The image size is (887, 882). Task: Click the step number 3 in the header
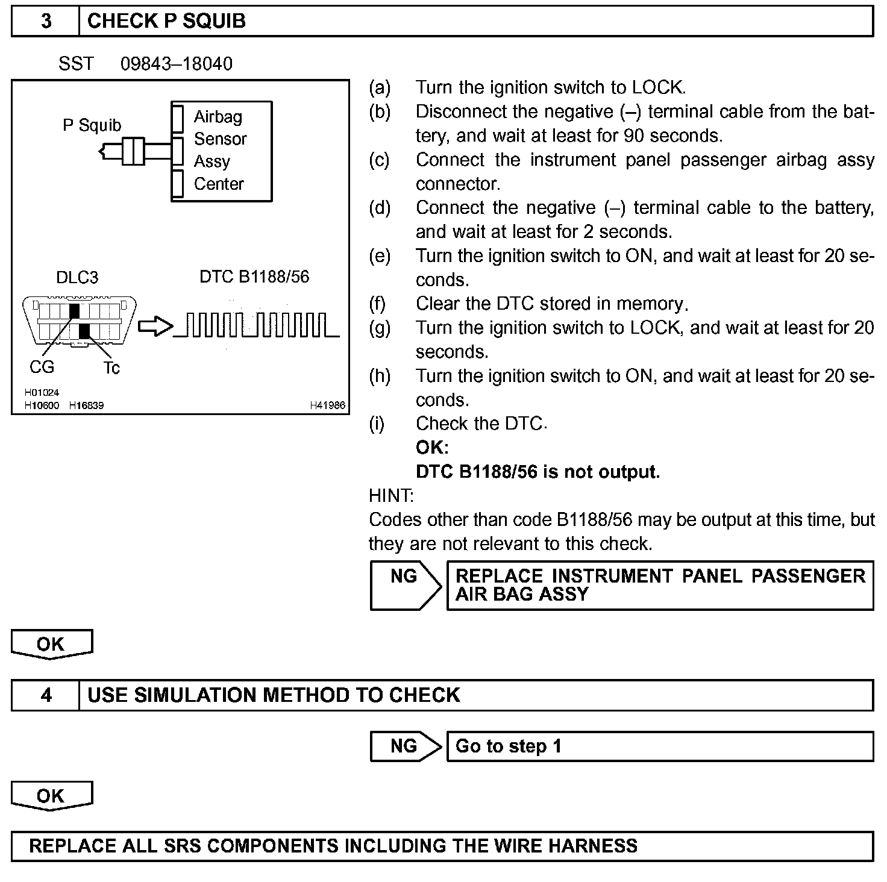click(x=46, y=22)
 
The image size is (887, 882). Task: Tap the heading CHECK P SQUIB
click(x=166, y=22)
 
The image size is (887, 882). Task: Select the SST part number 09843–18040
click(x=176, y=64)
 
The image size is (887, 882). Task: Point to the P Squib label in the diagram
click(x=92, y=125)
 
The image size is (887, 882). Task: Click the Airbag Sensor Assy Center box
click(x=222, y=151)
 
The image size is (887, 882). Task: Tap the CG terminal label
click(x=42, y=367)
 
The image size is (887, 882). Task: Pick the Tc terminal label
click(x=111, y=367)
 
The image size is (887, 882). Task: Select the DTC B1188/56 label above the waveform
click(x=254, y=277)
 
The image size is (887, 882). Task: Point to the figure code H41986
click(x=328, y=405)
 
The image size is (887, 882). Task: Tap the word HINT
click(x=391, y=496)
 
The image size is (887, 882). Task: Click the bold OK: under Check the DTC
click(x=432, y=448)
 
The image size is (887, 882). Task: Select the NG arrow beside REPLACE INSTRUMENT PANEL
click(x=405, y=584)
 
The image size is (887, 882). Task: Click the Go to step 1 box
click(x=659, y=746)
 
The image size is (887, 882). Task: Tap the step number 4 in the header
click(x=46, y=695)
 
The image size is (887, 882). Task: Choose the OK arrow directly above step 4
click(x=51, y=644)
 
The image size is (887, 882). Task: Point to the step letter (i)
click(x=377, y=424)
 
